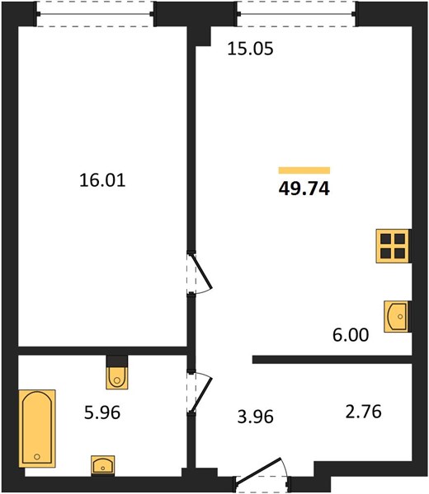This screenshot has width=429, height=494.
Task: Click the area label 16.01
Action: (102, 180)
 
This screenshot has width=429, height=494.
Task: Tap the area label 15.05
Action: (250, 49)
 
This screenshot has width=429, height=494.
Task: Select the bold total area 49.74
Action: (304, 189)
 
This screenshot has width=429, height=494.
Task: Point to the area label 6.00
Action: (351, 335)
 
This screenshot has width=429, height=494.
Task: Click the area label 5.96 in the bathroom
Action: (102, 412)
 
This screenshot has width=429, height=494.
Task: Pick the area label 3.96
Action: (256, 417)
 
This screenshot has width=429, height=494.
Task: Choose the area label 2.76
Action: (363, 412)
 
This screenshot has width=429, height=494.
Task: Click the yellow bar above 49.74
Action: (304, 170)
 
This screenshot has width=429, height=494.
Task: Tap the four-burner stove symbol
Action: (394, 246)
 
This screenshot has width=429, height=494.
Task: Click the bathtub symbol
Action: (37, 428)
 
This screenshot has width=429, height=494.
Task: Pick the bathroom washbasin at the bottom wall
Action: (103, 465)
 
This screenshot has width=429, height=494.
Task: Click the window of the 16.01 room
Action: (95, 14)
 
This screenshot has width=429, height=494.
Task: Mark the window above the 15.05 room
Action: (297, 14)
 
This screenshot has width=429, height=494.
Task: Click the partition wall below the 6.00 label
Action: (332, 360)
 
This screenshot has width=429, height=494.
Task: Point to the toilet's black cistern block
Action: (117, 361)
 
